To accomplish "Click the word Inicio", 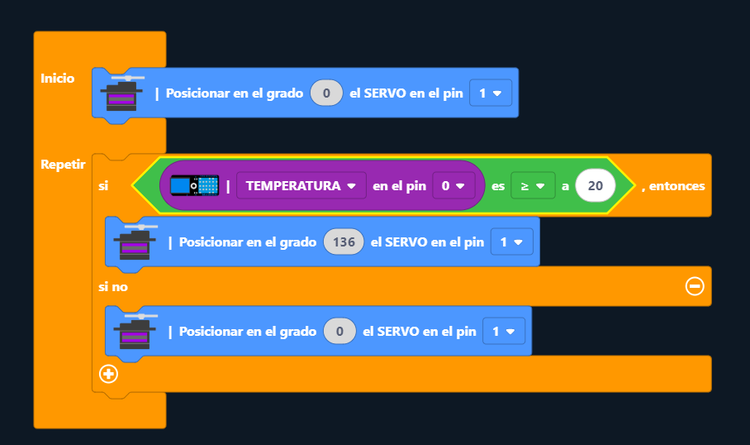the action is click(57, 79).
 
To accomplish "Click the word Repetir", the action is click(63, 164).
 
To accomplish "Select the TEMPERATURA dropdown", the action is click(301, 186).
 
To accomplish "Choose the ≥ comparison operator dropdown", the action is click(532, 186).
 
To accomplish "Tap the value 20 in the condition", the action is click(596, 186).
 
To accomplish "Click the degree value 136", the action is click(344, 242).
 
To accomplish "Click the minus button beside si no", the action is click(695, 286).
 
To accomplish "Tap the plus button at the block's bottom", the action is click(108, 374).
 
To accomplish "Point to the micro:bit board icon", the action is click(194, 186).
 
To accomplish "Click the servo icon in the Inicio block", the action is click(121, 93).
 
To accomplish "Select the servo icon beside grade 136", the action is click(135, 242).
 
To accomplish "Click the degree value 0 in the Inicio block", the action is click(326, 93).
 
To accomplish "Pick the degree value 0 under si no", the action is click(339, 332).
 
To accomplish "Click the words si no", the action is click(113, 286).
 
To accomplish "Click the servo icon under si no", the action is click(135, 331).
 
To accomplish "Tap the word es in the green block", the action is click(498, 186).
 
